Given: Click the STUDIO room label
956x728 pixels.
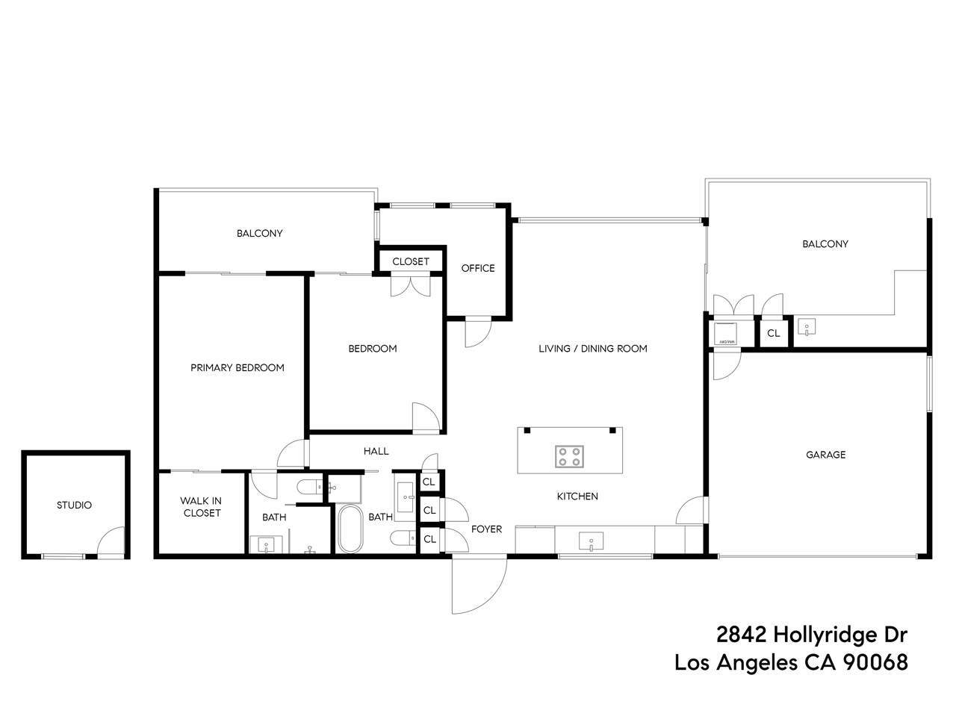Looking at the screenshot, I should click(74, 505).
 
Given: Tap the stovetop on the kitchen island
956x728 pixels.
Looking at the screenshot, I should click(569, 456).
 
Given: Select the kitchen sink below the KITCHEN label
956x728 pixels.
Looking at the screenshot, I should click(591, 541).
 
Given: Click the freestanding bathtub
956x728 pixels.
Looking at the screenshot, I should click(350, 529).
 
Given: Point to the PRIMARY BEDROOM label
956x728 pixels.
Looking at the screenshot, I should click(237, 367).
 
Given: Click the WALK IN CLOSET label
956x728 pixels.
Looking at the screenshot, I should click(201, 507).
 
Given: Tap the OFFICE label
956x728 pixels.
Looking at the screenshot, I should click(478, 268).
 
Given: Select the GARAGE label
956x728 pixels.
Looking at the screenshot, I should click(825, 455).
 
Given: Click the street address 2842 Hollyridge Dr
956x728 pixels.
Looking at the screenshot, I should click(811, 635).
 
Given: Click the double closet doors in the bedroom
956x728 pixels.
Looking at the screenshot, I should click(410, 286).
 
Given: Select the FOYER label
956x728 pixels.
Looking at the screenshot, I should click(486, 529).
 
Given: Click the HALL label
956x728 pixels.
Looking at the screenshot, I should click(376, 451).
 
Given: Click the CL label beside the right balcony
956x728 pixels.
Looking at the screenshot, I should click(774, 334).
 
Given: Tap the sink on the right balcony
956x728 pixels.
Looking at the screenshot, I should click(806, 327).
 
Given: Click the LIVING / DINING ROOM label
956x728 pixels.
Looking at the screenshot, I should click(593, 349).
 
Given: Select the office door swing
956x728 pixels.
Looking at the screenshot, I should click(477, 333).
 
